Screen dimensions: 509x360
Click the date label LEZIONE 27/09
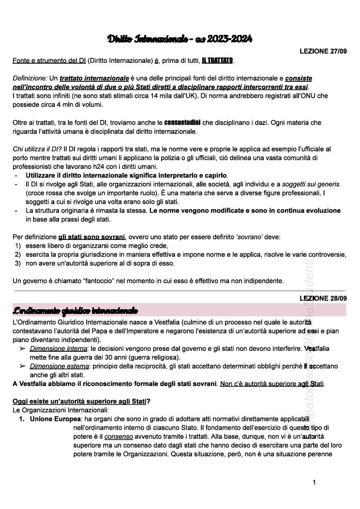[x=323, y=51]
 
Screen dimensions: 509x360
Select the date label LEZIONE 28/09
[x=323, y=299]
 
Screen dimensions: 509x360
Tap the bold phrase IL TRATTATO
[x=217, y=60]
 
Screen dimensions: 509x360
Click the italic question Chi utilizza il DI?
[x=37, y=149]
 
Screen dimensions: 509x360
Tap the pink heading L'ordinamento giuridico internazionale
[x=75, y=310]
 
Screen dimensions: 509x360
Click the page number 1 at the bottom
[x=314, y=482]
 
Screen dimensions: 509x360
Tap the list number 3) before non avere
[x=17, y=263]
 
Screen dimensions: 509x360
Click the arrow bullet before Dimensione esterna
[x=22, y=366]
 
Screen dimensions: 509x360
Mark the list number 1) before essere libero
[x=17, y=246]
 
